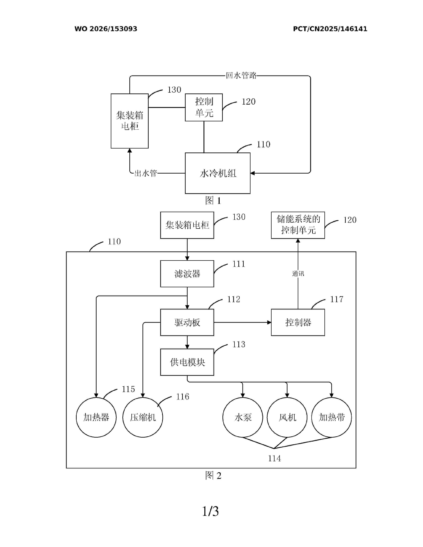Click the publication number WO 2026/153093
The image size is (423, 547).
tap(106, 29)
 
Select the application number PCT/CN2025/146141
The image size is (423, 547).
tap(330, 29)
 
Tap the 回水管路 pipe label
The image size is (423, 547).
tap(241, 75)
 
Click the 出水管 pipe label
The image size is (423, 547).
tap(146, 173)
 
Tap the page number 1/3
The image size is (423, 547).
tap(211, 511)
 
